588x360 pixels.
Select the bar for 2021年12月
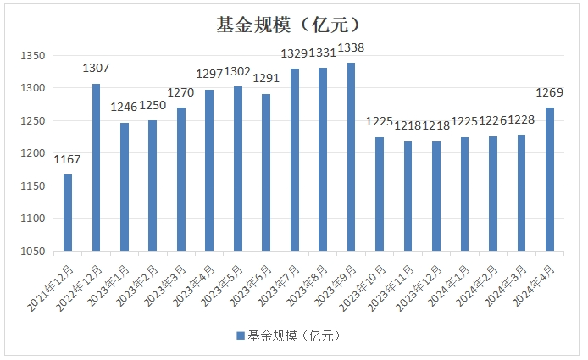tap(68, 213)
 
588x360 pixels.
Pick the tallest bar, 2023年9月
tap(352, 157)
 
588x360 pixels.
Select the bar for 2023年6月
tap(266, 173)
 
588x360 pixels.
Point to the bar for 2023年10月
tap(380, 194)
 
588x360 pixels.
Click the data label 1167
tap(68, 159)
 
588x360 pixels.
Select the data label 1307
tap(96, 68)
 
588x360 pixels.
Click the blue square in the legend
tap(241, 335)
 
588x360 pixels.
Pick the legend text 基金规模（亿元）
tap(293, 335)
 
